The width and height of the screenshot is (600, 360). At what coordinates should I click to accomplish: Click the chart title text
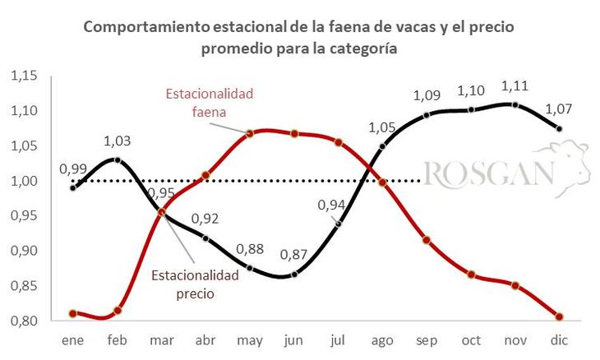(x=299, y=38)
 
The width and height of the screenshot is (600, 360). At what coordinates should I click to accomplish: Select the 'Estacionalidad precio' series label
(x=195, y=283)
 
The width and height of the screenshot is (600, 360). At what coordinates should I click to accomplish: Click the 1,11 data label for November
(x=515, y=85)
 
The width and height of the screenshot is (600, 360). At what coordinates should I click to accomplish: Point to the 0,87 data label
(x=293, y=254)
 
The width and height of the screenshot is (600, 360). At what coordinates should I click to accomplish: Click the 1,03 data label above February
(x=118, y=141)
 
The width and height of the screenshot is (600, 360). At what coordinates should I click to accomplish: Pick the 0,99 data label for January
(x=73, y=169)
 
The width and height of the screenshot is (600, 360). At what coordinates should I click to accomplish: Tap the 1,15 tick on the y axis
(x=25, y=76)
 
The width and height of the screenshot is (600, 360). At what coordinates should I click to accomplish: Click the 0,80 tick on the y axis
(x=25, y=321)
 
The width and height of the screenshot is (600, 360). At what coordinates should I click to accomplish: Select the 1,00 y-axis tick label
(x=25, y=181)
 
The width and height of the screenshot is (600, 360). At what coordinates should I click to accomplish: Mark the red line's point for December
(x=559, y=316)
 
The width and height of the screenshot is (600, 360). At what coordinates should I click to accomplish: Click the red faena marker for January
(x=73, y=313)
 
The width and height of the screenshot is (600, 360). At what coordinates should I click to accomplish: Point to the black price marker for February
(x=118, y=159)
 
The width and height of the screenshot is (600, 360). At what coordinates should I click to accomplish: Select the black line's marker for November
(x=515, y=104)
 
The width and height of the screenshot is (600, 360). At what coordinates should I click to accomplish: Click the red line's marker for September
(x=427, y=240)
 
